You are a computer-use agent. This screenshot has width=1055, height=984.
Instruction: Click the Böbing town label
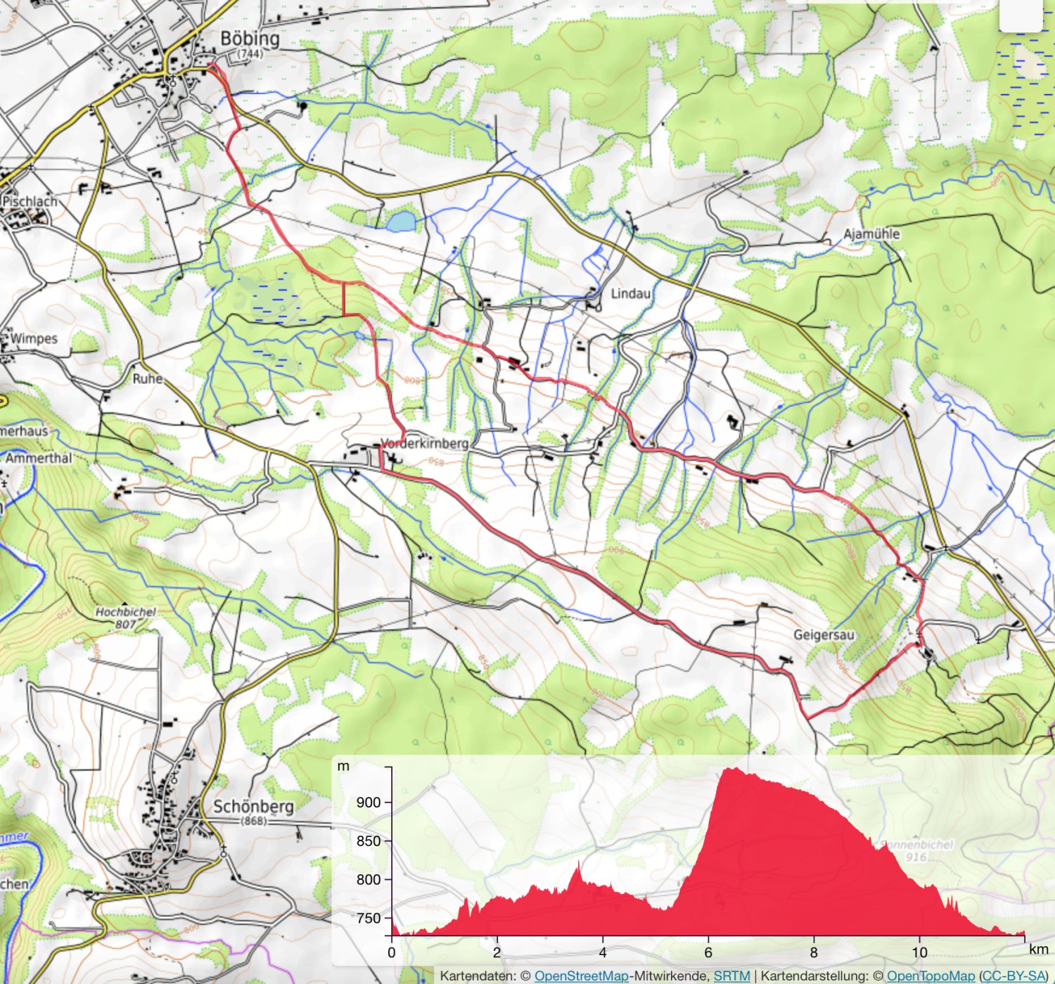tap(250, 39)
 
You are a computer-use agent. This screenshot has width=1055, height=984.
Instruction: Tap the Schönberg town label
tap(253, 807)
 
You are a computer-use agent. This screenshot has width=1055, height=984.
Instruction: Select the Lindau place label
tap(630, 293)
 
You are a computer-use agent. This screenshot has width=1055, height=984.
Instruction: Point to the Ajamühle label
tap(871, 234)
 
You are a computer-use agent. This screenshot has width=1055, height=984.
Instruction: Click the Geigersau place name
tap(824, 634)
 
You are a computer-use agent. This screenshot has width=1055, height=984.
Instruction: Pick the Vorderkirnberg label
tap(424, 443)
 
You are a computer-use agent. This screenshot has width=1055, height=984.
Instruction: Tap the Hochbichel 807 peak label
tap(126, 618)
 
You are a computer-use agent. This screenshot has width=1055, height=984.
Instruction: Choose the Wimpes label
tap(33, 338)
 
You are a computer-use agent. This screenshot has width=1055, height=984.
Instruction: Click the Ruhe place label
tap(148, 378)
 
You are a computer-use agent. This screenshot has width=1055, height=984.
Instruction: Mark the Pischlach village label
tap(30, 201)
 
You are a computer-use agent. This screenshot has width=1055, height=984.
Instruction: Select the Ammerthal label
tap(39, 458)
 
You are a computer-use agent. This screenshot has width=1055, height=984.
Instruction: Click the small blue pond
tap(401, 222)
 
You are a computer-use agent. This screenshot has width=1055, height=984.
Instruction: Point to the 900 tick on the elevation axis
tap(368, 803)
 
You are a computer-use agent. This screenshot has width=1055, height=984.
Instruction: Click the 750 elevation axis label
tap(368, 918)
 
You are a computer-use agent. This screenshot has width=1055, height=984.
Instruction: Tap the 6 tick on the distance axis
tap(708, 952)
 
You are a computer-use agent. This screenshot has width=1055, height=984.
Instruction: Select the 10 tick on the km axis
tap(919, 952)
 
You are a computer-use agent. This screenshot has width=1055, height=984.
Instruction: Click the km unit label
tap(1038, 949)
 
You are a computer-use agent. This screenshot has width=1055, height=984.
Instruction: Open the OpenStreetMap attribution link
tap(581, 976)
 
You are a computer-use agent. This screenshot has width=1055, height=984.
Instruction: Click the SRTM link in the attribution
tap(731, 976)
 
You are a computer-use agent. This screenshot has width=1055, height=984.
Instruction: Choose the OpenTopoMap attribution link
tap(931, 976)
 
